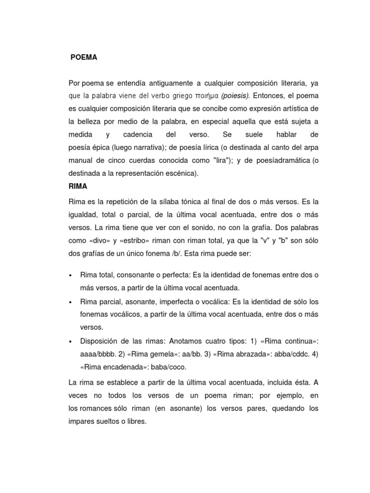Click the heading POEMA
point(84,57)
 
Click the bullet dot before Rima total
point(71,275)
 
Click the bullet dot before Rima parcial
point(71,302)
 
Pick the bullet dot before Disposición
point(71,341)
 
